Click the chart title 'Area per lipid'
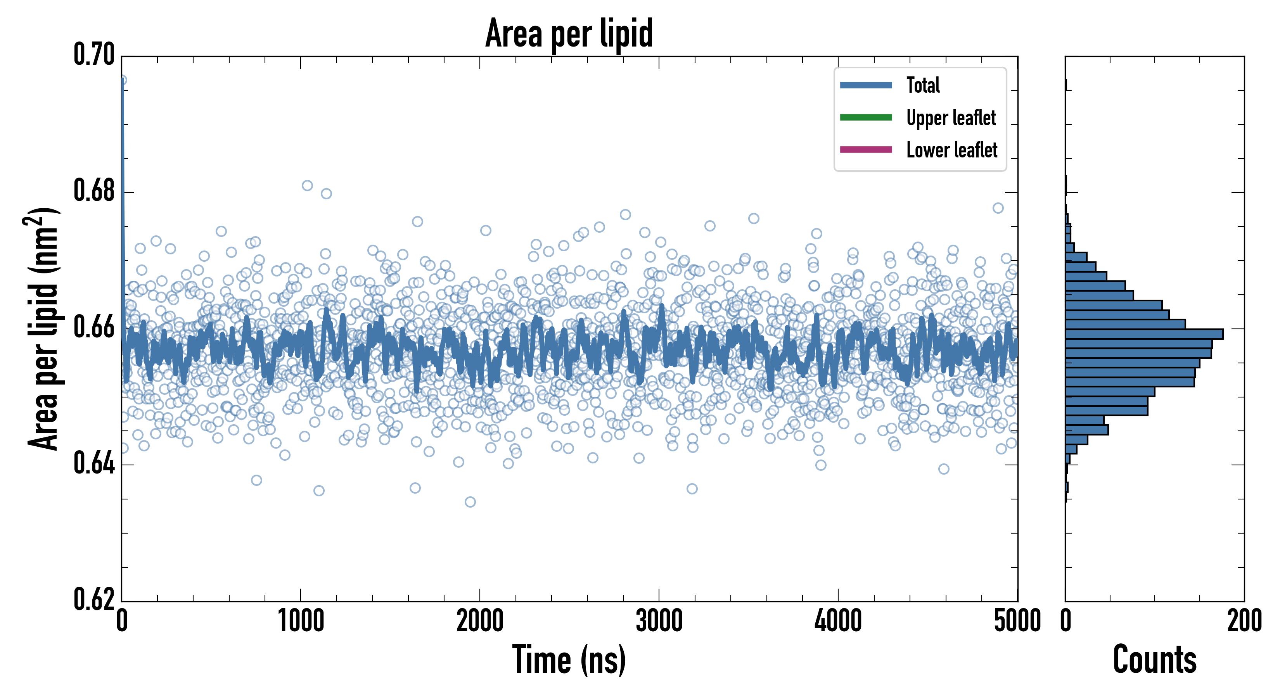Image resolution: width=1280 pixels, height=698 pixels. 569,33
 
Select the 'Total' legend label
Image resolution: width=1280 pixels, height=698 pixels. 923,85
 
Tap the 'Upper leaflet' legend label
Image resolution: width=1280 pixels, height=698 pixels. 951,118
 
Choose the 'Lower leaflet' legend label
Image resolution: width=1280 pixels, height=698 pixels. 951,150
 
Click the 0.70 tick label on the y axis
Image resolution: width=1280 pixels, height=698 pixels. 94,54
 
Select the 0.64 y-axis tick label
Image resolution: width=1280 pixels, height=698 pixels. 94,463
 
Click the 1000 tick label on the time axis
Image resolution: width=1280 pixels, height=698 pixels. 301,621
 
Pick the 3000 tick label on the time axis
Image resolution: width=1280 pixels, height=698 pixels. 659,621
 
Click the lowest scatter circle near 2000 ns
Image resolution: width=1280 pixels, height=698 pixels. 470,502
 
